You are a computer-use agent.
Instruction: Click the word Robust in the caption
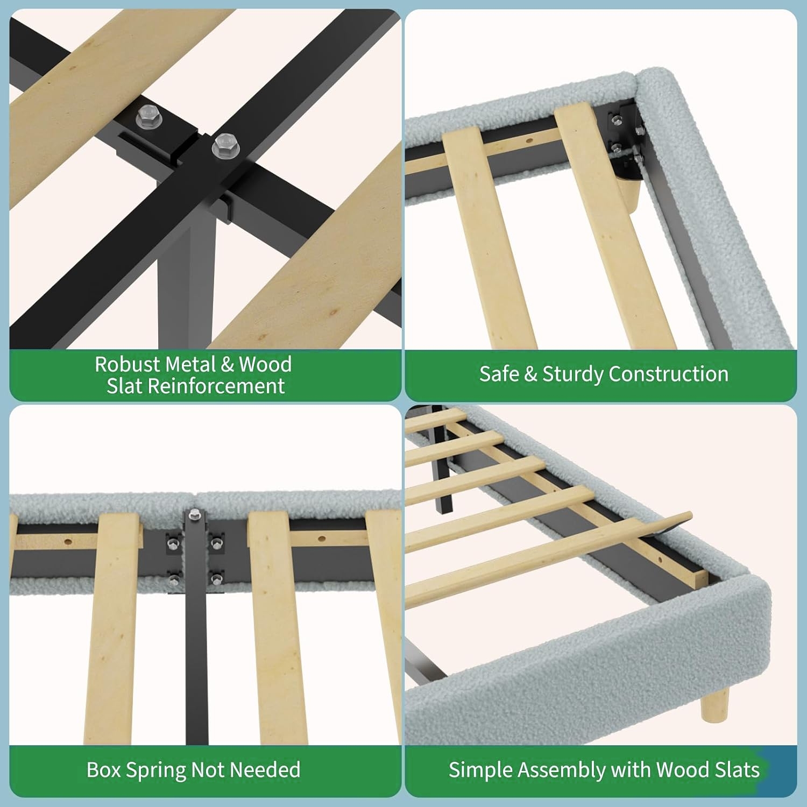[x=128, y=364]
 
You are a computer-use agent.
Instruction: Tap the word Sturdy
[x=573, y=374]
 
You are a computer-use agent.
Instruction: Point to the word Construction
[x=669, y=374]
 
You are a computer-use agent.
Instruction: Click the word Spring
[x=155, y=770]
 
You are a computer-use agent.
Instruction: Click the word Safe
[x=499, y=374]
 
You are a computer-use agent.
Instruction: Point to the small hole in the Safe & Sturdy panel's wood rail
[x=530, y=141]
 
